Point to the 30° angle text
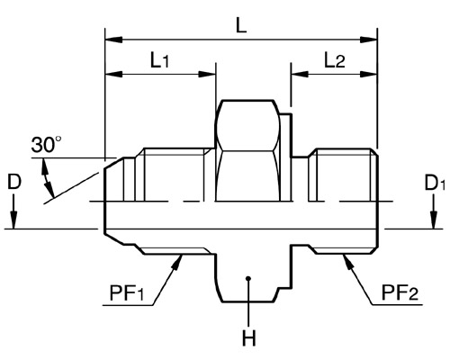[x=46, y=145]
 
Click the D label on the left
[x=14, y=182]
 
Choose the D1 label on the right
[x=435, y=183]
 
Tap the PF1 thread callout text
[x=127, y=293]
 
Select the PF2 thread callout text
[x=400, y=292]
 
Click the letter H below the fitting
[x=248, y=338]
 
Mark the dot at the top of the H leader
[x=247, y=278]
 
